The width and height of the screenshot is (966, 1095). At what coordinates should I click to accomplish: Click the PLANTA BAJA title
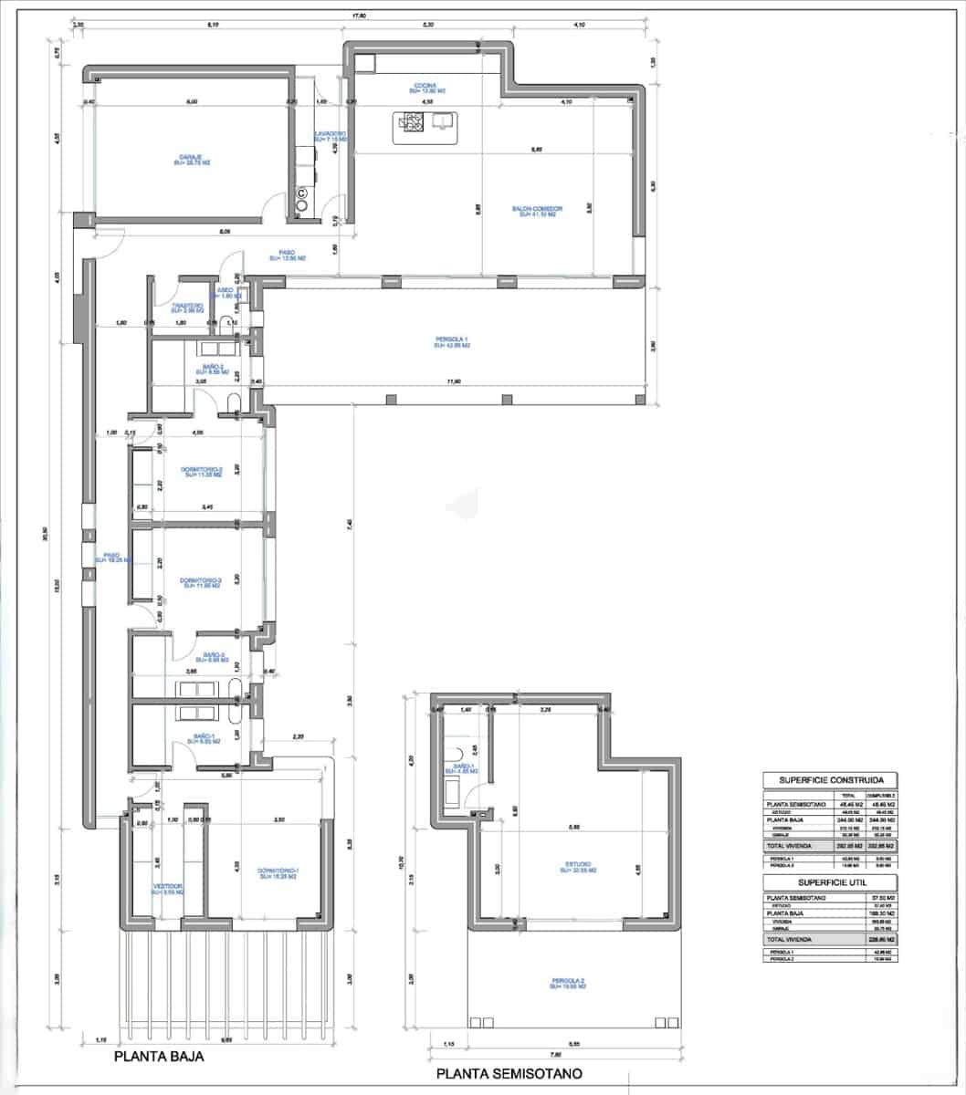click(158, 1058)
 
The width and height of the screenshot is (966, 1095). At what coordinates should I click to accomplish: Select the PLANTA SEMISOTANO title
click(509, 1073)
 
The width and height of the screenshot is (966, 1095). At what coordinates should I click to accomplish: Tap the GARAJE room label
click(191, 160)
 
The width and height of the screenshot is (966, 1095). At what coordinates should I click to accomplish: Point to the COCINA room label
click(426, 88)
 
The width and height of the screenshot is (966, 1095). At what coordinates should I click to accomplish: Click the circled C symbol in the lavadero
click(302, 193)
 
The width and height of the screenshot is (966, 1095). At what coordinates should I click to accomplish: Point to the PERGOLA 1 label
click(452, 342)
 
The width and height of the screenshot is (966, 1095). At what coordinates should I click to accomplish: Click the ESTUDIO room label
click(578, 867)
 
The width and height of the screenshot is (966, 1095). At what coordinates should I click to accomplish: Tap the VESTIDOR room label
click(168, 889)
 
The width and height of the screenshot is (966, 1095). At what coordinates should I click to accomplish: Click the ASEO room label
click(226, 293)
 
